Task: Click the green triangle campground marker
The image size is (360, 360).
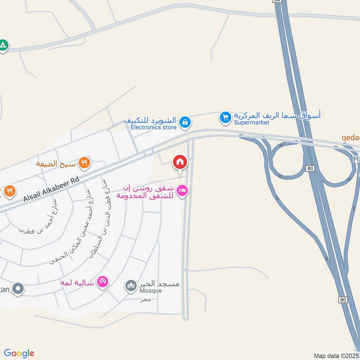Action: click(4, 45)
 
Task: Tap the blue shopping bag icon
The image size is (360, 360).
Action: click(184, 121)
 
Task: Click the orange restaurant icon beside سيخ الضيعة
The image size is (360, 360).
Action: click(84, 162)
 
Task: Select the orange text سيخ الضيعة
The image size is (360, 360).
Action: click(56, 163)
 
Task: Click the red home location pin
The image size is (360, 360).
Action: click(180, 162)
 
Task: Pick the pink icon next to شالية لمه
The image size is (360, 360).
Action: click(103, 282)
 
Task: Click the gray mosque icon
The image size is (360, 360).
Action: click(131, 285)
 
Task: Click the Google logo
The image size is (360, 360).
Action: click(19, 353)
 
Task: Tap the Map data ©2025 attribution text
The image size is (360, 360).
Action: click(336, 355)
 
